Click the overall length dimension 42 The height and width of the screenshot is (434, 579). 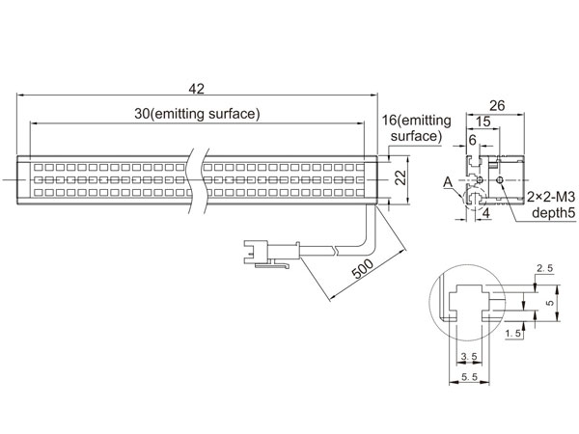tap(197, 89)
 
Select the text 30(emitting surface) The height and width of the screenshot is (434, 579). tap(197, 114)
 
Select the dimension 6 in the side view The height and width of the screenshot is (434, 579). tap(473, 140)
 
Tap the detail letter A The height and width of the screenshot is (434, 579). tap(449, 180)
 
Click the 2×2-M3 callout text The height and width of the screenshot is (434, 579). tap(550, 197)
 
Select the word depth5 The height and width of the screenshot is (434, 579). tap(547, 213)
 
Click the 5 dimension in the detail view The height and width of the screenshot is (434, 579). tap(550, 302)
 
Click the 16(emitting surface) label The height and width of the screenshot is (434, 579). tap(412, 127)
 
